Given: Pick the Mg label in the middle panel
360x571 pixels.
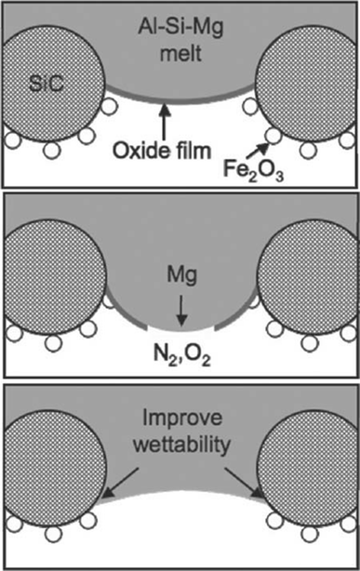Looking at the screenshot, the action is tap(181, 276).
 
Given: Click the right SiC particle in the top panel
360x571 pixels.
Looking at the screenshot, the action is tap(306, 88).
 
